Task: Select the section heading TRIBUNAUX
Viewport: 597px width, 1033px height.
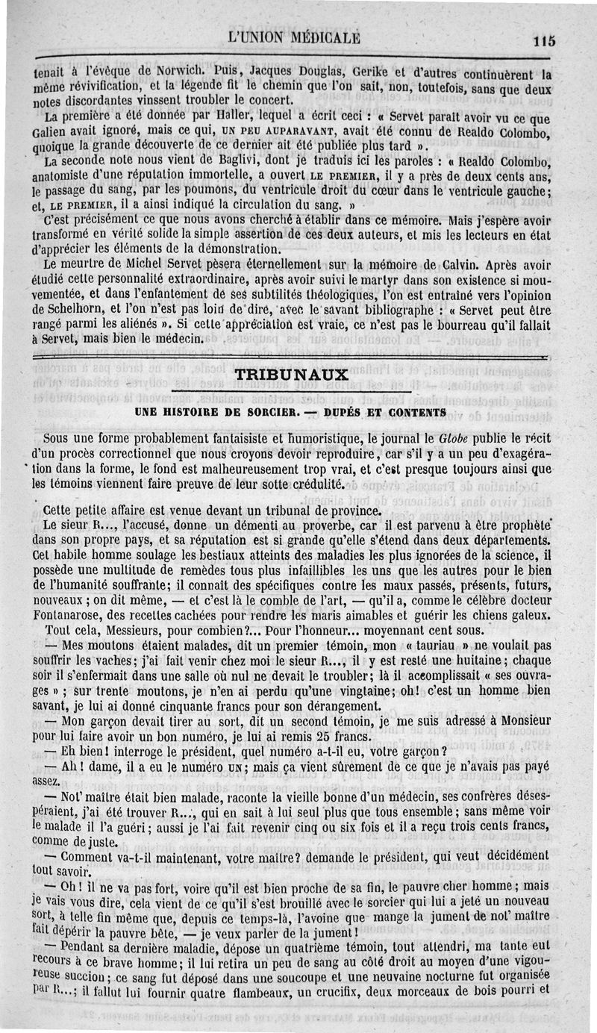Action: point(292,375)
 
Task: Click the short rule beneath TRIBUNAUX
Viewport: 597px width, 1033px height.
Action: point(292,390)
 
